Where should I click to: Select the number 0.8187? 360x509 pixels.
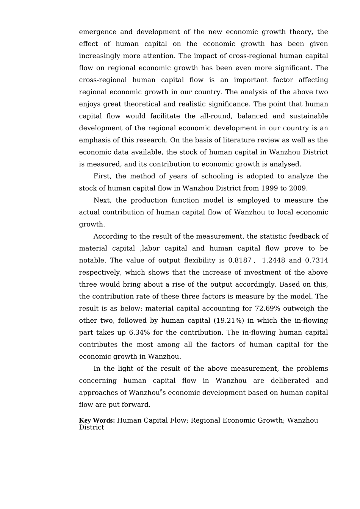coord(240,260)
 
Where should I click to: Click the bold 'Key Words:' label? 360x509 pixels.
coord(97,420)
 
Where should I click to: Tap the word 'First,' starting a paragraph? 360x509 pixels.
coord(102,176)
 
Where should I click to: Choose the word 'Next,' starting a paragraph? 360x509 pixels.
coord(102,200)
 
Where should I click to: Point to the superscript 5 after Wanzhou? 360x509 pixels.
coord(161,391)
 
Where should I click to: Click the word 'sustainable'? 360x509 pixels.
coord(309,116)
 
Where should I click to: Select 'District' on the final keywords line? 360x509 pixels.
coord(91,427)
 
